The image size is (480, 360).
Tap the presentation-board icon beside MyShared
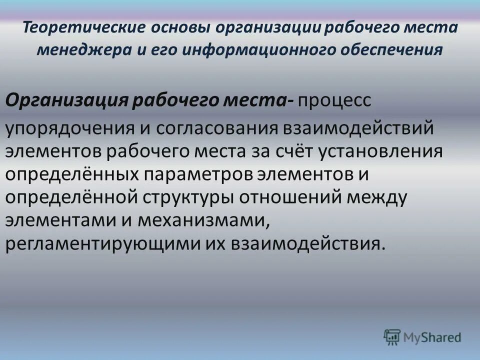392,337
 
